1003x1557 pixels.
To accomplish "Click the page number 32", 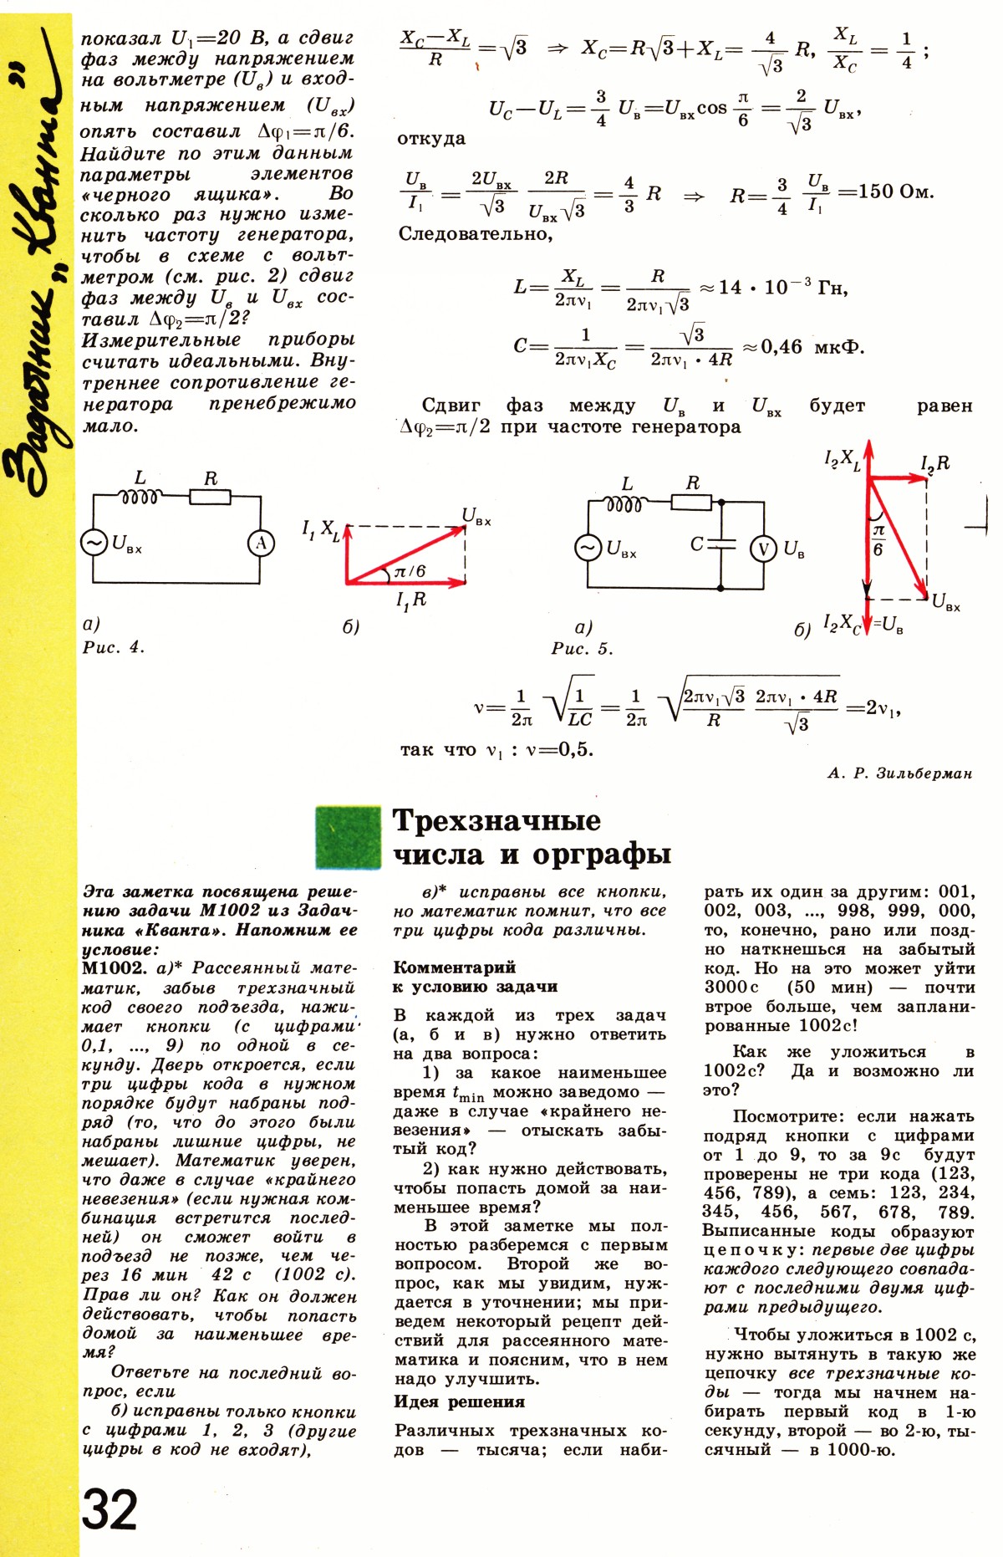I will point(109,1509).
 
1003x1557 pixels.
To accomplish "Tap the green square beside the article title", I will point(349,837).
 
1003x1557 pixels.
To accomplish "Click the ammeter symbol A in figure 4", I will point(261,544).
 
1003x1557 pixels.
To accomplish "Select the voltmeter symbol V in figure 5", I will point(763,549).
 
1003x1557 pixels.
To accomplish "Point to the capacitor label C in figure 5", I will point(697,544).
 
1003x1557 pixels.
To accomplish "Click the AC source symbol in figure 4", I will point(94,544).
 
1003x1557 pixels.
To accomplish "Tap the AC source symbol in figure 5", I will point(588,549).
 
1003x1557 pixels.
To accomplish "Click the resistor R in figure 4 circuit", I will point(210,497).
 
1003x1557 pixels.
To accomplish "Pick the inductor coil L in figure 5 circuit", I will point(624,504).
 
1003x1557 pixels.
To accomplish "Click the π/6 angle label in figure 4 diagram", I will point(410,571).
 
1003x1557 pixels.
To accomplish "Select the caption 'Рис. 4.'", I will point(114,647).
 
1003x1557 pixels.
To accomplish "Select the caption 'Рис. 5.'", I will point(582,649).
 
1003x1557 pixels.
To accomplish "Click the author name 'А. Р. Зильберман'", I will point(900,773).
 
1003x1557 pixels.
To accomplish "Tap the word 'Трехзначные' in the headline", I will point(496,820).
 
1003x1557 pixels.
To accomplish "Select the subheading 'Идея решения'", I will point(460,1402).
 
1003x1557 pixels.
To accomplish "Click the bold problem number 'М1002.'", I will point(114,968).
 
